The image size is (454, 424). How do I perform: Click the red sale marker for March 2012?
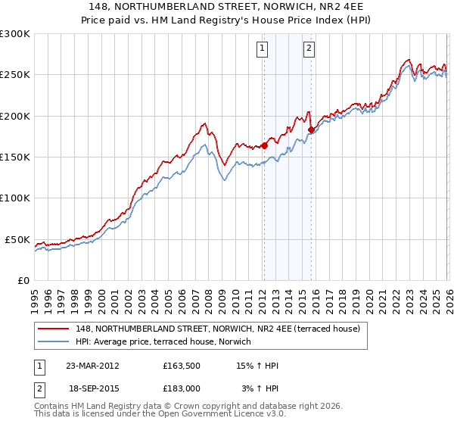click(x=264, y=146)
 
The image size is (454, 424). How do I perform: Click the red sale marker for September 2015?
click(x=311, y=129)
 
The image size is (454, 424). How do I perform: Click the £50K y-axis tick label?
click(x=18, y=239)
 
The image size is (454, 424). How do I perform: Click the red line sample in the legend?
click(x=53, y=328)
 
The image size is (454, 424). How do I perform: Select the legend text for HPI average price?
click(x=163, y=341)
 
